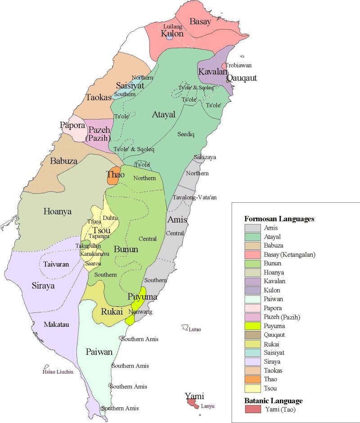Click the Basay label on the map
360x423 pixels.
pos(200,21)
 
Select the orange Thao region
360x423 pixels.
pos(112,177)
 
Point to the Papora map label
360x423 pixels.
pos(72,125)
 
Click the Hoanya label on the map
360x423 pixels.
pos(57,211)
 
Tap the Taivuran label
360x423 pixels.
pos(56,264)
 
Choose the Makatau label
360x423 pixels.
pos(56,324)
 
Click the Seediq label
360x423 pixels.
pos(185,134)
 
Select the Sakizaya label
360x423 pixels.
pos(205,157)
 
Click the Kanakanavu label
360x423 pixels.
pos(95,254)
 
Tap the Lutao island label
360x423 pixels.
pos(195,329)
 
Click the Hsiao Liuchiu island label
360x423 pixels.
pos(58,372)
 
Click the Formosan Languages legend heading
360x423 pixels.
pos(279,219)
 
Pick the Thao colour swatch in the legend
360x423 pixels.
pos(252,379)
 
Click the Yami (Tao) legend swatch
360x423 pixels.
pos(252,410)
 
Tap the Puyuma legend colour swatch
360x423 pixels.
pos(252,326)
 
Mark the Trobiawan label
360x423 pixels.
pos(238,66)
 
